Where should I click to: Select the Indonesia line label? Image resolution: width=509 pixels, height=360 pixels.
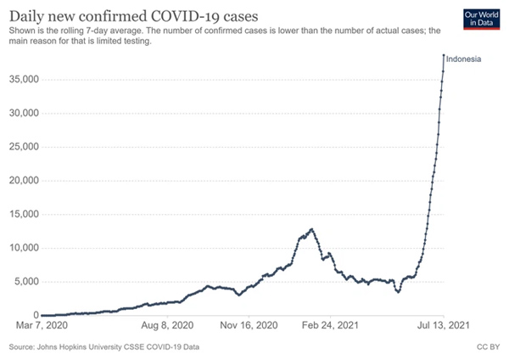[x=464, y=59]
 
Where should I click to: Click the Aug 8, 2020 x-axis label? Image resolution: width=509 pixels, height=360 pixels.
[x=167, y=325]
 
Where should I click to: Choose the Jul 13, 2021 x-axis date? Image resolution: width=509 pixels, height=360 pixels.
[x=441, y=325]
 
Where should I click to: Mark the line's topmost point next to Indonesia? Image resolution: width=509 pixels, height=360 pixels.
[x=444, y=56]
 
